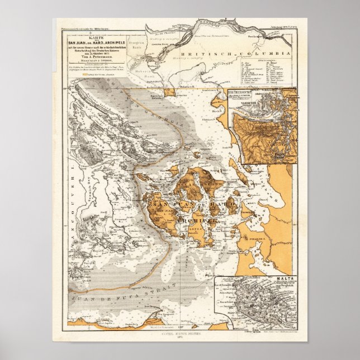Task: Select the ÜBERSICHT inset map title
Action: coord(246,91)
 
